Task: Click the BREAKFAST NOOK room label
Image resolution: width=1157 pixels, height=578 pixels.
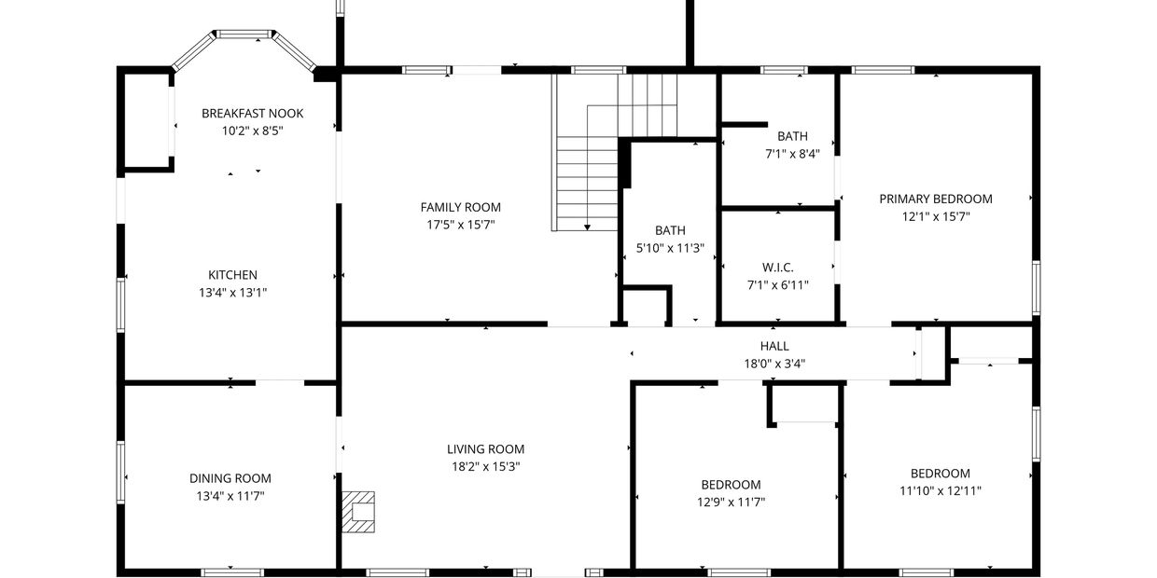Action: click(x=252, y=114)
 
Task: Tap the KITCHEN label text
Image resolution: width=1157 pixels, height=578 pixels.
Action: click(x=232, y=275)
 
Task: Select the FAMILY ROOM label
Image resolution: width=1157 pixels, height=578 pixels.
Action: click(x=460, y=208)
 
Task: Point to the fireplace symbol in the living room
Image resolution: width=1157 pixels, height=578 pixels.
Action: click(x=358, y=512)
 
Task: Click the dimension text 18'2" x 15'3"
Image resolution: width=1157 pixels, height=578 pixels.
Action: click(x=485, y=466)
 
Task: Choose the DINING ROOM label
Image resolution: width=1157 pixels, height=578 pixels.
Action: click(x=230, y=478)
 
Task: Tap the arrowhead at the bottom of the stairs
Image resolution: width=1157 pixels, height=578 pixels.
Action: click(x=587, y=227)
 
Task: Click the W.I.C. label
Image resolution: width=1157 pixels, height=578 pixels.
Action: click(x=778, y=268)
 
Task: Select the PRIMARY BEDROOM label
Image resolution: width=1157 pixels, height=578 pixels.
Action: click(x=936, y=200)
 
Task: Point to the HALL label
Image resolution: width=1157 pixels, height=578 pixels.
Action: click(x=774, y=346)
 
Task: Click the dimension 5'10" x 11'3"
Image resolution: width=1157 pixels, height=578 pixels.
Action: click(x=670, y=248)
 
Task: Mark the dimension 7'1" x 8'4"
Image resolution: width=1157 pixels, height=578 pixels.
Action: click(x=792, y=154)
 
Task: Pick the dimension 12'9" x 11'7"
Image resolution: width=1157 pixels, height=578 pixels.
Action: click(x=731, y=502)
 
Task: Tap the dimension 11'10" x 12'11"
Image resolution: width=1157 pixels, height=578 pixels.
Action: click(x=941, y=490)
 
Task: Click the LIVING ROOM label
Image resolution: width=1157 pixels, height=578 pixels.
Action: click(x=485, y=449)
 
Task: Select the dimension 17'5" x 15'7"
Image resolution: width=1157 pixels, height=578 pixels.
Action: click(x=460, y=225)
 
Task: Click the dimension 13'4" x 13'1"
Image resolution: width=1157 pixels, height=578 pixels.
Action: click(x=232, y=293)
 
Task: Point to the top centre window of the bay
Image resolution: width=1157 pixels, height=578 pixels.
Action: click(x=244, y=34)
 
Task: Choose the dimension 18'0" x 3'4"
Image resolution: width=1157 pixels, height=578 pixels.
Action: click(x=774, y=364)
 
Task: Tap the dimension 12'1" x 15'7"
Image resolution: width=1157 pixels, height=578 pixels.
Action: click(x=936, y=216)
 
